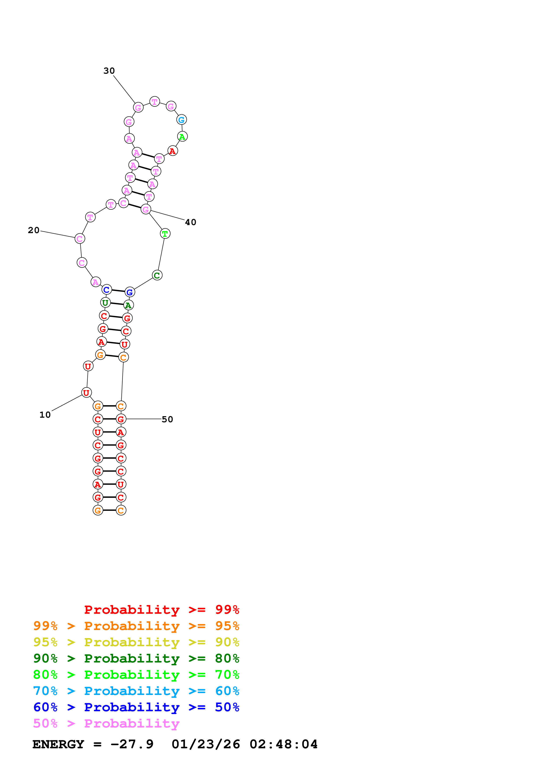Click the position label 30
(109, 71)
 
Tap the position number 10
(45, 415)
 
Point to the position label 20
(33, 230)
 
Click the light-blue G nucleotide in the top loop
(181, 120)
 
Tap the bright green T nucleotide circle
(165, 234)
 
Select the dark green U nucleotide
(105, 302)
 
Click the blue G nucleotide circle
(130, 292)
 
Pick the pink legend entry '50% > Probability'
(106, 724)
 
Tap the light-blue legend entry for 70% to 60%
(136, 691)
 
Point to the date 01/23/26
(206, 744)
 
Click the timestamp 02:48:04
(284, 744)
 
